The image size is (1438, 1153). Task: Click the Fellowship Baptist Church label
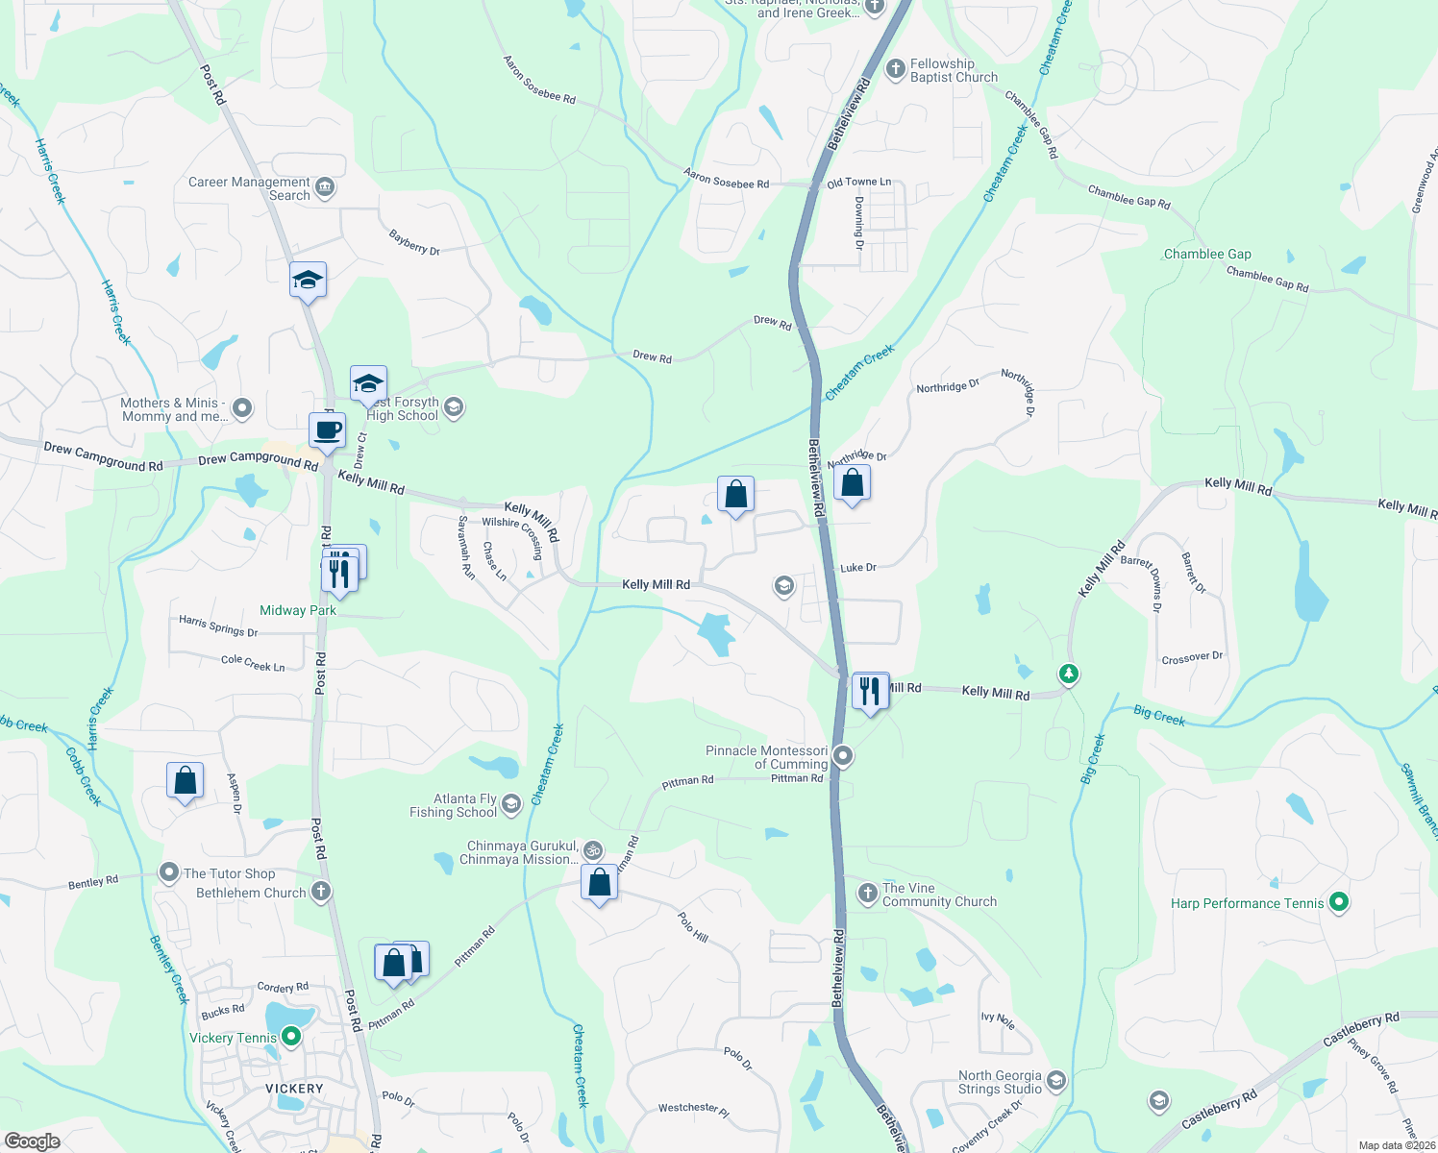click(x=953, y=70)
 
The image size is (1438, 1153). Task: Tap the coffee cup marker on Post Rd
click(x=327, y=430)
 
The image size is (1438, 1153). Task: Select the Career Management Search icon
click(x=325, y=186)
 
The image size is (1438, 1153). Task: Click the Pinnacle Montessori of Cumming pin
click(x=843, y=756)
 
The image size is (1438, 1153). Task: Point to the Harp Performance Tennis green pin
click(x=1339, y=902)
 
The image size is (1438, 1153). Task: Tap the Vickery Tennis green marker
click(x=291, y=1037)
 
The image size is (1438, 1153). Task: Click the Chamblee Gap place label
click(x=1207, y=254)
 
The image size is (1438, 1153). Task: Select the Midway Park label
click(x=298, y=610)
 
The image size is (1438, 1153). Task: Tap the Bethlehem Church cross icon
click(x=321, y=892)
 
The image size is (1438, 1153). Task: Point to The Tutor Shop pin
click(x=169, y=872)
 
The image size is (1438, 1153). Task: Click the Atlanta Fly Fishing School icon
click(x=511, y=804)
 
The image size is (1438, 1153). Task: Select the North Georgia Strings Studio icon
click(x=1056, y=1081)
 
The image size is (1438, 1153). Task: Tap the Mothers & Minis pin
click(x=242, y=408)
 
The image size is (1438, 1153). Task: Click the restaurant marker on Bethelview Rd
click(x=870, y=691)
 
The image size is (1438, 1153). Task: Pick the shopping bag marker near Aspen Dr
click(x=185, y=781)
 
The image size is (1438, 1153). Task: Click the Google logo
click(x=33, y=1141)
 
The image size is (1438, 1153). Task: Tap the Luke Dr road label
click(x=858, y=568)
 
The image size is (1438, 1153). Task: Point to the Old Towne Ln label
click(x=858, y=182)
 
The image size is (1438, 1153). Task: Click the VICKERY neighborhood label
click(x=294, y=1089)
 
